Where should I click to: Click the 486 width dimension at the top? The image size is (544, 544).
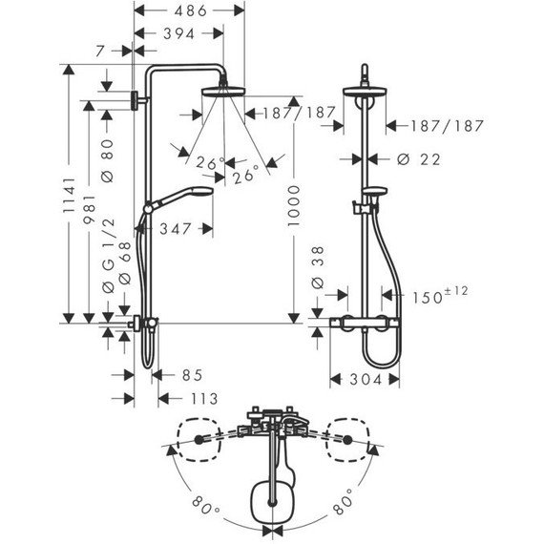187,11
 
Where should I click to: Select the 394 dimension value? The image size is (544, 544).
178,34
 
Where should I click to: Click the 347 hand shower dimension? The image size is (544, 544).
178,229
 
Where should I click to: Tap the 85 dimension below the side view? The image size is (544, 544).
190,375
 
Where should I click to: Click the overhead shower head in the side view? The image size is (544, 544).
223,93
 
